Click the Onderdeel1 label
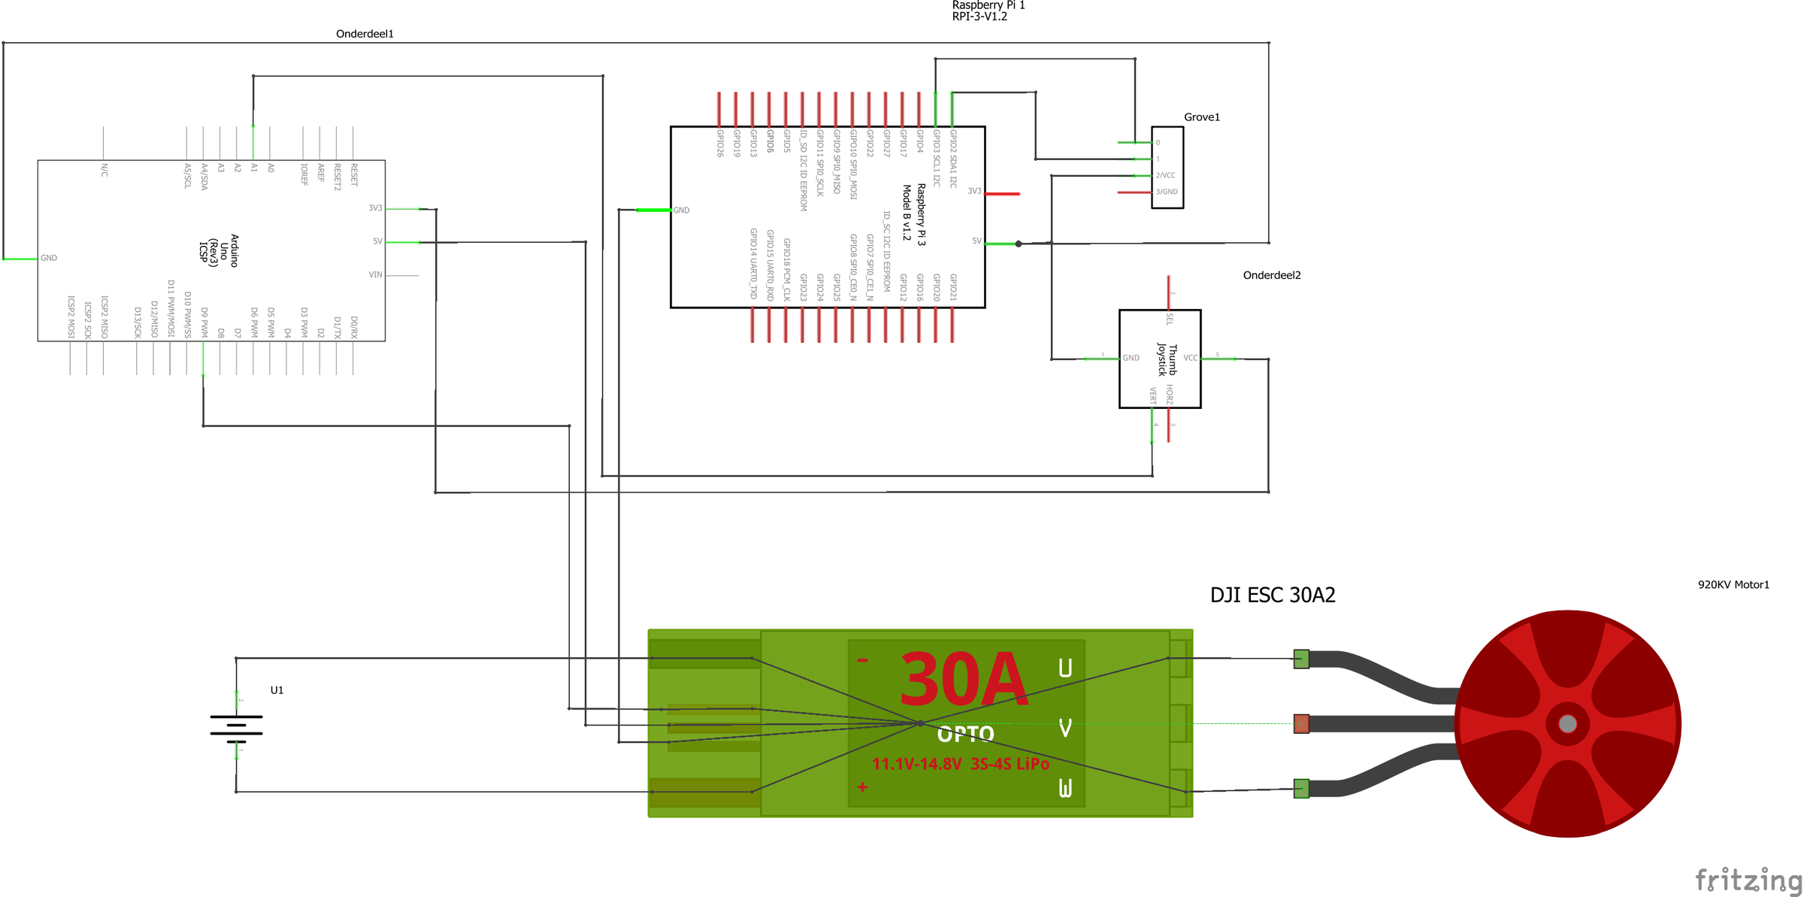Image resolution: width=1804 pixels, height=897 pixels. pyautogui.click(x=365, y=34)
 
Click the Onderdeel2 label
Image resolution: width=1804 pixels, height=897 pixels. pyautogui.click(x=1271, y=275)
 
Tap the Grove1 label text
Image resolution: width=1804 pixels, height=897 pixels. pyautogui.click(x=1201, y=117)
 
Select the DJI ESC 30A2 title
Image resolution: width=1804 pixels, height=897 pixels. pyautogui.click(x=1272, y=595)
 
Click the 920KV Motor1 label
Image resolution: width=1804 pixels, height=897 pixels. pyautogui.click(x=1733, y=585)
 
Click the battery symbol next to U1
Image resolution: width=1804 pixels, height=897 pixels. pyautogui.click(x=236, y=726)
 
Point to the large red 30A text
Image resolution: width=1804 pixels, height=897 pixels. pyautogui.click(x=963, y=680)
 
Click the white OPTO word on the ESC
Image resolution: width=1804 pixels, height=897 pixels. pyautogui.click(x=966, y=734)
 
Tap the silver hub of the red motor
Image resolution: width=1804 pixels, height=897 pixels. pyautogui.click(x=1567, y=723)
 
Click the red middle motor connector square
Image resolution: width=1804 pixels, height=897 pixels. pyautogui.click(x=1301, y=724)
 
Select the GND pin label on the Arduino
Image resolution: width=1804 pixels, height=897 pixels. pyautogui.click(x=49, y=258)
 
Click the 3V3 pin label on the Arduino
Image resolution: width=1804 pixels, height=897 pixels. pyautogui.click(x=375, y=208)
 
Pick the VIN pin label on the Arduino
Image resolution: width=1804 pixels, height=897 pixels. pyautogui.click(x=375, y=274)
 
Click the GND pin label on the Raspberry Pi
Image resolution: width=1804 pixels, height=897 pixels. pyautogui.click(x=681, y=211)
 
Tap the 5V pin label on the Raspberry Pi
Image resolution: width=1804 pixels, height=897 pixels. pyautogui.click(x=976, y=241)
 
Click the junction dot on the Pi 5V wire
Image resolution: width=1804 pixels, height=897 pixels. pyautogui.click(x=1019, y=244)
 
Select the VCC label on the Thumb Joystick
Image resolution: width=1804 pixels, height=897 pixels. pyautogui.click(x=1190, y=358)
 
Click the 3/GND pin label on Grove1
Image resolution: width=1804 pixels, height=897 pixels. pyautogui.click(x=1167, y=192)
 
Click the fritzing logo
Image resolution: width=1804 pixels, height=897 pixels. pyautogui.click(x=1748, y=879)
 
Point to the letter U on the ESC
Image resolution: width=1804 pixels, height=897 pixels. pyautogui.click(x=1065, y=668)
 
